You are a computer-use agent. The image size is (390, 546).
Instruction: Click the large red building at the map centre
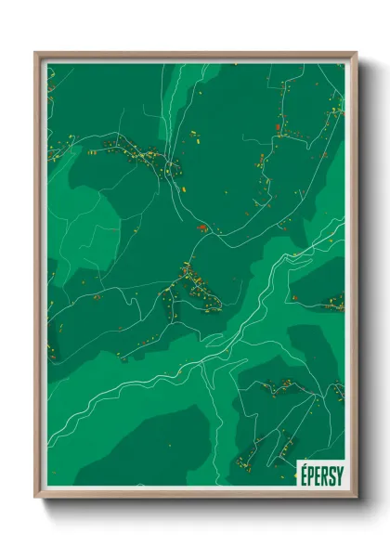(x=200, y=226)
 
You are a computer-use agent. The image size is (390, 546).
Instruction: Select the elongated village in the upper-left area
(x=135, y=151)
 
